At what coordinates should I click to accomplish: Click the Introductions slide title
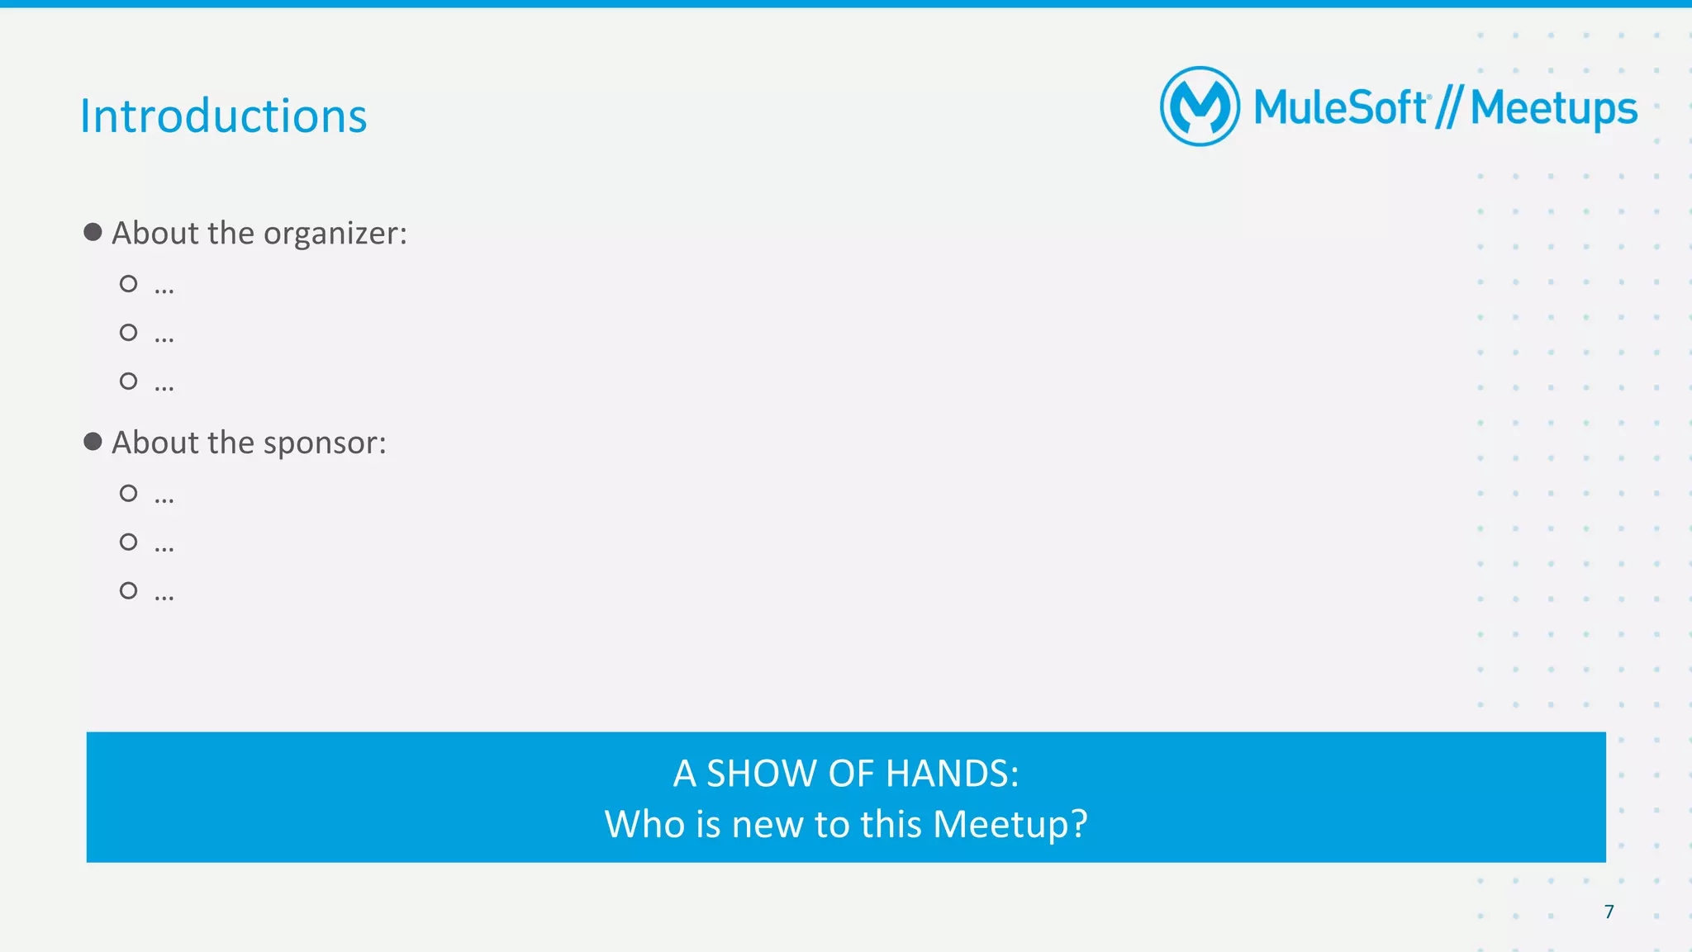pos(223,116)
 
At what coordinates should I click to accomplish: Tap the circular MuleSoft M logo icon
pos(1200,107)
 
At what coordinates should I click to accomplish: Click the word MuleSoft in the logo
pos(1339,108)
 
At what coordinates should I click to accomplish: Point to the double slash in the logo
pos(1448,108)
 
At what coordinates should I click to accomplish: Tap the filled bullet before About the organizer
pos(93,232)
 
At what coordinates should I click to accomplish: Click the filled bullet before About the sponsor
pos(93,442)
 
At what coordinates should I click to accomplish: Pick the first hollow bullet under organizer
pos(128,284)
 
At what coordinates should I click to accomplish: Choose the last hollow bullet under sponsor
pos(128,590)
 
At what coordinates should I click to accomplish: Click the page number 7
pos(1609,912)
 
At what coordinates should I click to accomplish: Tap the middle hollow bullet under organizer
pos(128,333)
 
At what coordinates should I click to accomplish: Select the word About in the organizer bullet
pos(155,234)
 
